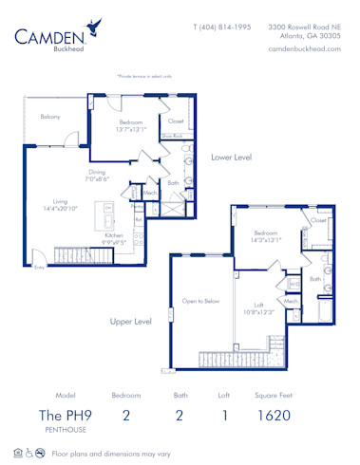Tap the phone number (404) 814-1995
click(221, 28)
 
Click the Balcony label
click(50, 117)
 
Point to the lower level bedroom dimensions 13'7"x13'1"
click(130, 130)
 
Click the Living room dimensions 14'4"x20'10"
click(61, 207)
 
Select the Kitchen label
click(115, 235)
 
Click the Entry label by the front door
click(39, 269)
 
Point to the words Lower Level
click(231, 158)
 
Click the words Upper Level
click(130, 322)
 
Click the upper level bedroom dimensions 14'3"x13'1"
click(267, 238)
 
